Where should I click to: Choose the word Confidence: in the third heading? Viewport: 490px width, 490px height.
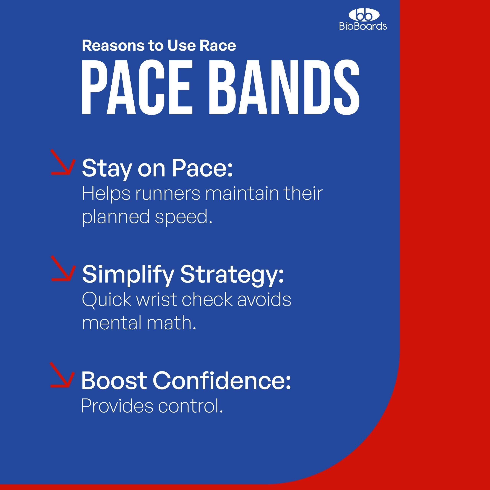(222, 381)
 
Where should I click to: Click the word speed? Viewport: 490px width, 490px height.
(183, 218)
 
